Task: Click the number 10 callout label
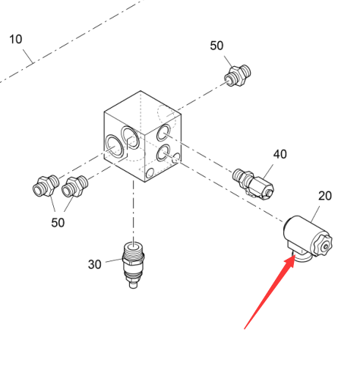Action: pos(16,39)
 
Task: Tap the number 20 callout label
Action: pos(325,196)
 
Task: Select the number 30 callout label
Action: pos(95,264)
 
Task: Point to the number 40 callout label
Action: pos(280,154)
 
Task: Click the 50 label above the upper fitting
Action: pos(216,46)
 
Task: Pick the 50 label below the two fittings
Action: pos(58,223)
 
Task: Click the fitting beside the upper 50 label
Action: pos(238,75)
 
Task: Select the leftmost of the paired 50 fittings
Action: pos(46,186)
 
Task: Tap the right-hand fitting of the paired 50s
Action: pos(75,187)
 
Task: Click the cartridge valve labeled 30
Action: pos(134,265)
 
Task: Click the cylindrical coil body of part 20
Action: pos(302,232)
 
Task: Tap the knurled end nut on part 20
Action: pos(322,245)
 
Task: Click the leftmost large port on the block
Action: pos(114,147)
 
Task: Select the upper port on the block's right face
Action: pos(163,132)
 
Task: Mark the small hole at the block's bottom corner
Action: pos(150,173)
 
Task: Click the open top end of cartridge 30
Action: pos(134,246)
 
